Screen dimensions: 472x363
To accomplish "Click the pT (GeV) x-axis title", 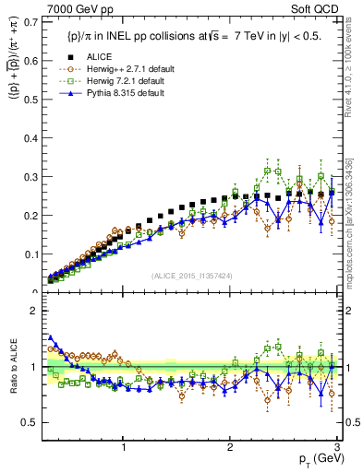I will (314, 458).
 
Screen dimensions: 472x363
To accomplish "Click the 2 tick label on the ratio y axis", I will (34, 311).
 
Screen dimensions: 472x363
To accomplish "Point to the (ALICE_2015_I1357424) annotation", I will (191, 277).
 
